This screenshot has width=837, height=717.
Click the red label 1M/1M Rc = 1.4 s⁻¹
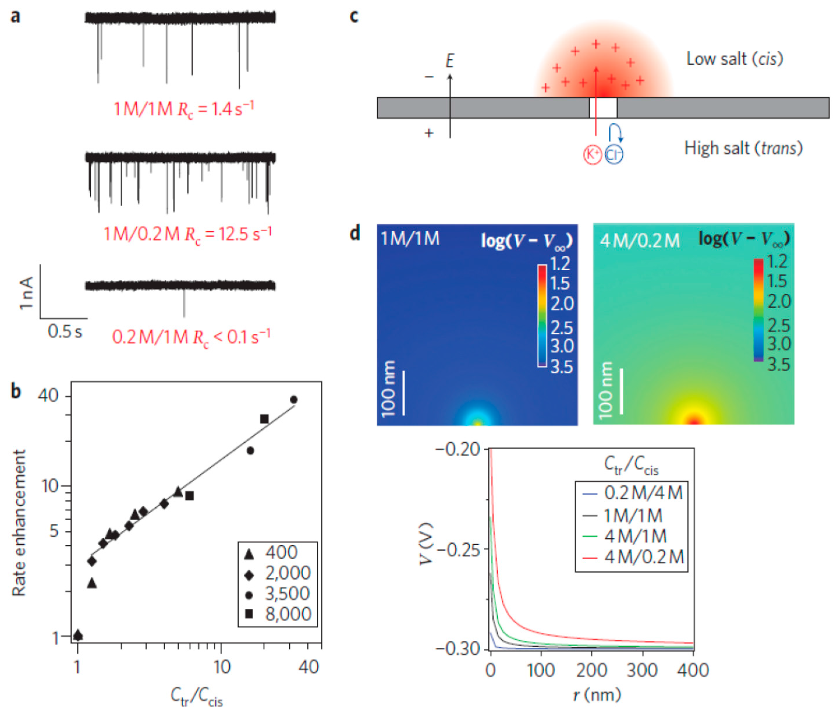184,109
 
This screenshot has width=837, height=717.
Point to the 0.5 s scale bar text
65,332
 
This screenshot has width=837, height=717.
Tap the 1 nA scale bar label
26,293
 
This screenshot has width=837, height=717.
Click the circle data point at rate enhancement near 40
294,400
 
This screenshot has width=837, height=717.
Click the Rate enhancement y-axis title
19,523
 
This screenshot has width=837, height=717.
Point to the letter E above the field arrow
450,61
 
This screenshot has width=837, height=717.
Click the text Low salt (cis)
734,59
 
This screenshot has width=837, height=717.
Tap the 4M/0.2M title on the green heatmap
639,241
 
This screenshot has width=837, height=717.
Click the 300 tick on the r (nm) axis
642,670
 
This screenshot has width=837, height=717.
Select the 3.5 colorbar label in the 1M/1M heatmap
561,367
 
